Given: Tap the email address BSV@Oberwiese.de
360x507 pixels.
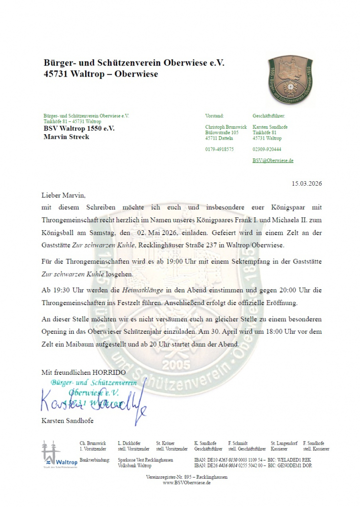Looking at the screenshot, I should click(273, 161).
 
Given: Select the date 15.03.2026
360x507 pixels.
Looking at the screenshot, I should click(307, 184).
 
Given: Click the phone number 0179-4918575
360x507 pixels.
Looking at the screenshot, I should click(219, 149).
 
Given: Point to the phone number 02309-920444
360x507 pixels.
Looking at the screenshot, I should click(267, 149).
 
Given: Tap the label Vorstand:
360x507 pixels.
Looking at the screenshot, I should click(214, 115).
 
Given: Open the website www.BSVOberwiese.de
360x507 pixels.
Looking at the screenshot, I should click(187, 483).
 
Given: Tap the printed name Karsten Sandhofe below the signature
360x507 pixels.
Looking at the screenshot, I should click(67, 421).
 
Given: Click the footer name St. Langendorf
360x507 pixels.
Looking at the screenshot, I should click(284, 443).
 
